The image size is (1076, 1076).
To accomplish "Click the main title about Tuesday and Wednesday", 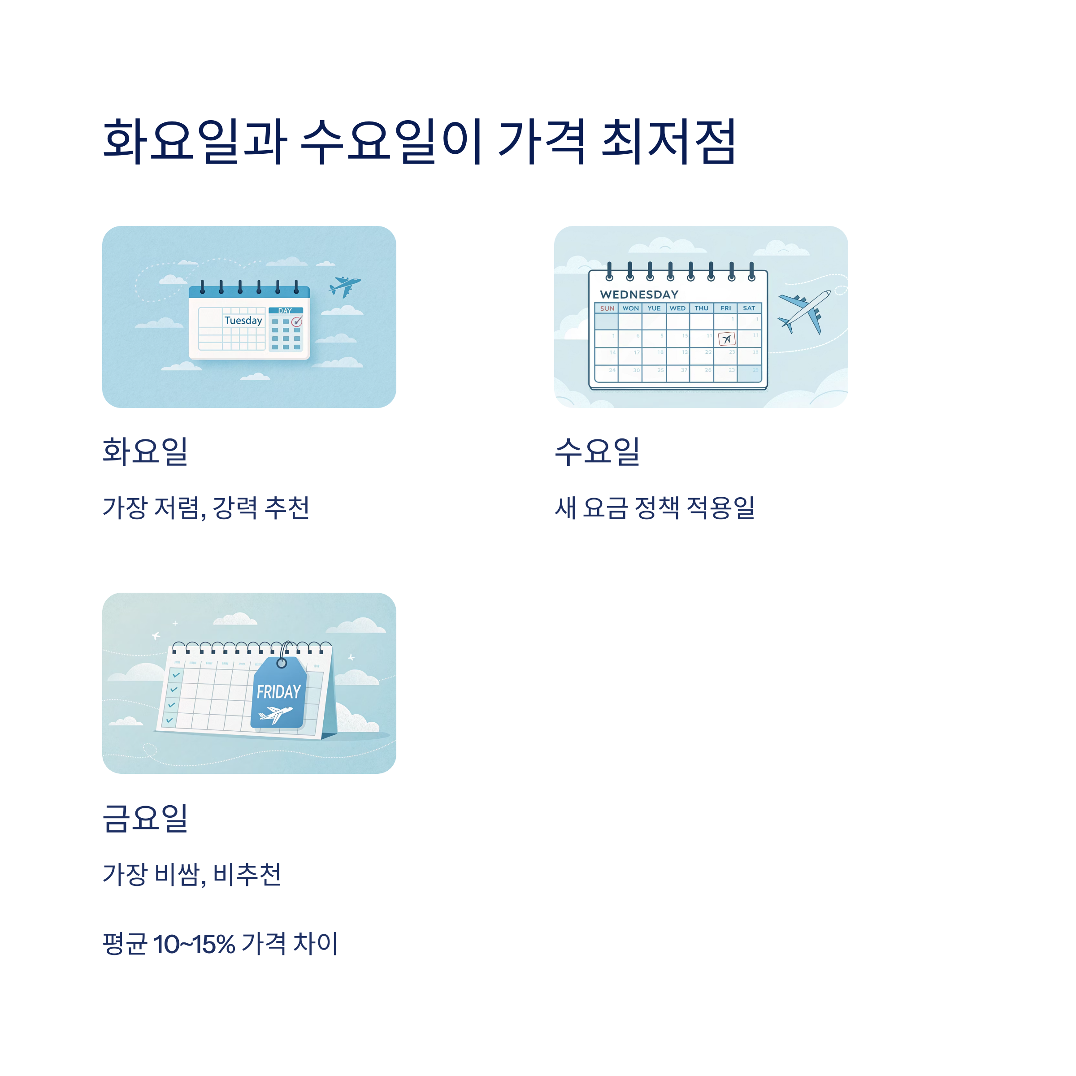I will [x=419, y=142].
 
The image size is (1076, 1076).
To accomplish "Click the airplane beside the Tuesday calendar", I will [x=345, y=286].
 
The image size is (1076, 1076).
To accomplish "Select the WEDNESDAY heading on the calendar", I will [x=639, y=294].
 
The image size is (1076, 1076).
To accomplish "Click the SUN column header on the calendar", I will [x=607, y=308].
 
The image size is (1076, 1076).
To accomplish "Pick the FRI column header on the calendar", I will [x=725, y=308].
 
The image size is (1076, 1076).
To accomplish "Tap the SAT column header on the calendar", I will [x=749, y=308].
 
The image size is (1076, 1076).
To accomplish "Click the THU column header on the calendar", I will [x=701, y=308].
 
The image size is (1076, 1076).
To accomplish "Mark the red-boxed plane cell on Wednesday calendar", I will [x=726, y=338].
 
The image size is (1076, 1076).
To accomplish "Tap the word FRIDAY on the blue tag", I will [x=278, y=692].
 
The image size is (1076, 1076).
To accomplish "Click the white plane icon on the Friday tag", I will [x=276, y=713].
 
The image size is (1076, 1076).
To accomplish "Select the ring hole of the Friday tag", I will [x=282, y=663].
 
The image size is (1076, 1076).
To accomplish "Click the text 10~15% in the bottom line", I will [x=194, y=945].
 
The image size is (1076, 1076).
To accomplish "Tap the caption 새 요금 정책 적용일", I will [x=655, y=508].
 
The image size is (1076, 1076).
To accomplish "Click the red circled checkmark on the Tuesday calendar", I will [x=297, y=321].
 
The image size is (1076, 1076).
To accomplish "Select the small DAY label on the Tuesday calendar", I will [x=285, y=311].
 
